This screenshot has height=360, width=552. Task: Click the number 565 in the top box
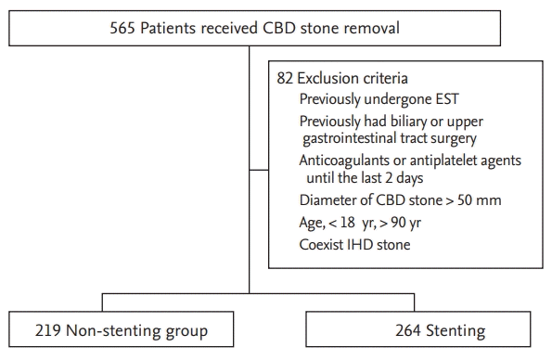click(122, 28)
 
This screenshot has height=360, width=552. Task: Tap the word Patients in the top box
click(168, 28)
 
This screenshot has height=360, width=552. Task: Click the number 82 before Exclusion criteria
click(285, 78)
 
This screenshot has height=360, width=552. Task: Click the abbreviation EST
click(447, 99)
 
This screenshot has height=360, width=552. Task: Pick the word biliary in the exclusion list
click(406, 122)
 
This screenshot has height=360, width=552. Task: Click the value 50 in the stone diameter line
click(465, 200)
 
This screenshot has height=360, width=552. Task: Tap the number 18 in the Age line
click(348, 223)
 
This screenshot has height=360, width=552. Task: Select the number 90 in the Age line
click(398, 223)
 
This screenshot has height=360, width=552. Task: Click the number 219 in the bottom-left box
click(48, 330)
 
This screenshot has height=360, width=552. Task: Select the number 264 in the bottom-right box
click(407, 330)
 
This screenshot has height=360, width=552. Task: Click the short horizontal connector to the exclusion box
click(259, 170)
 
